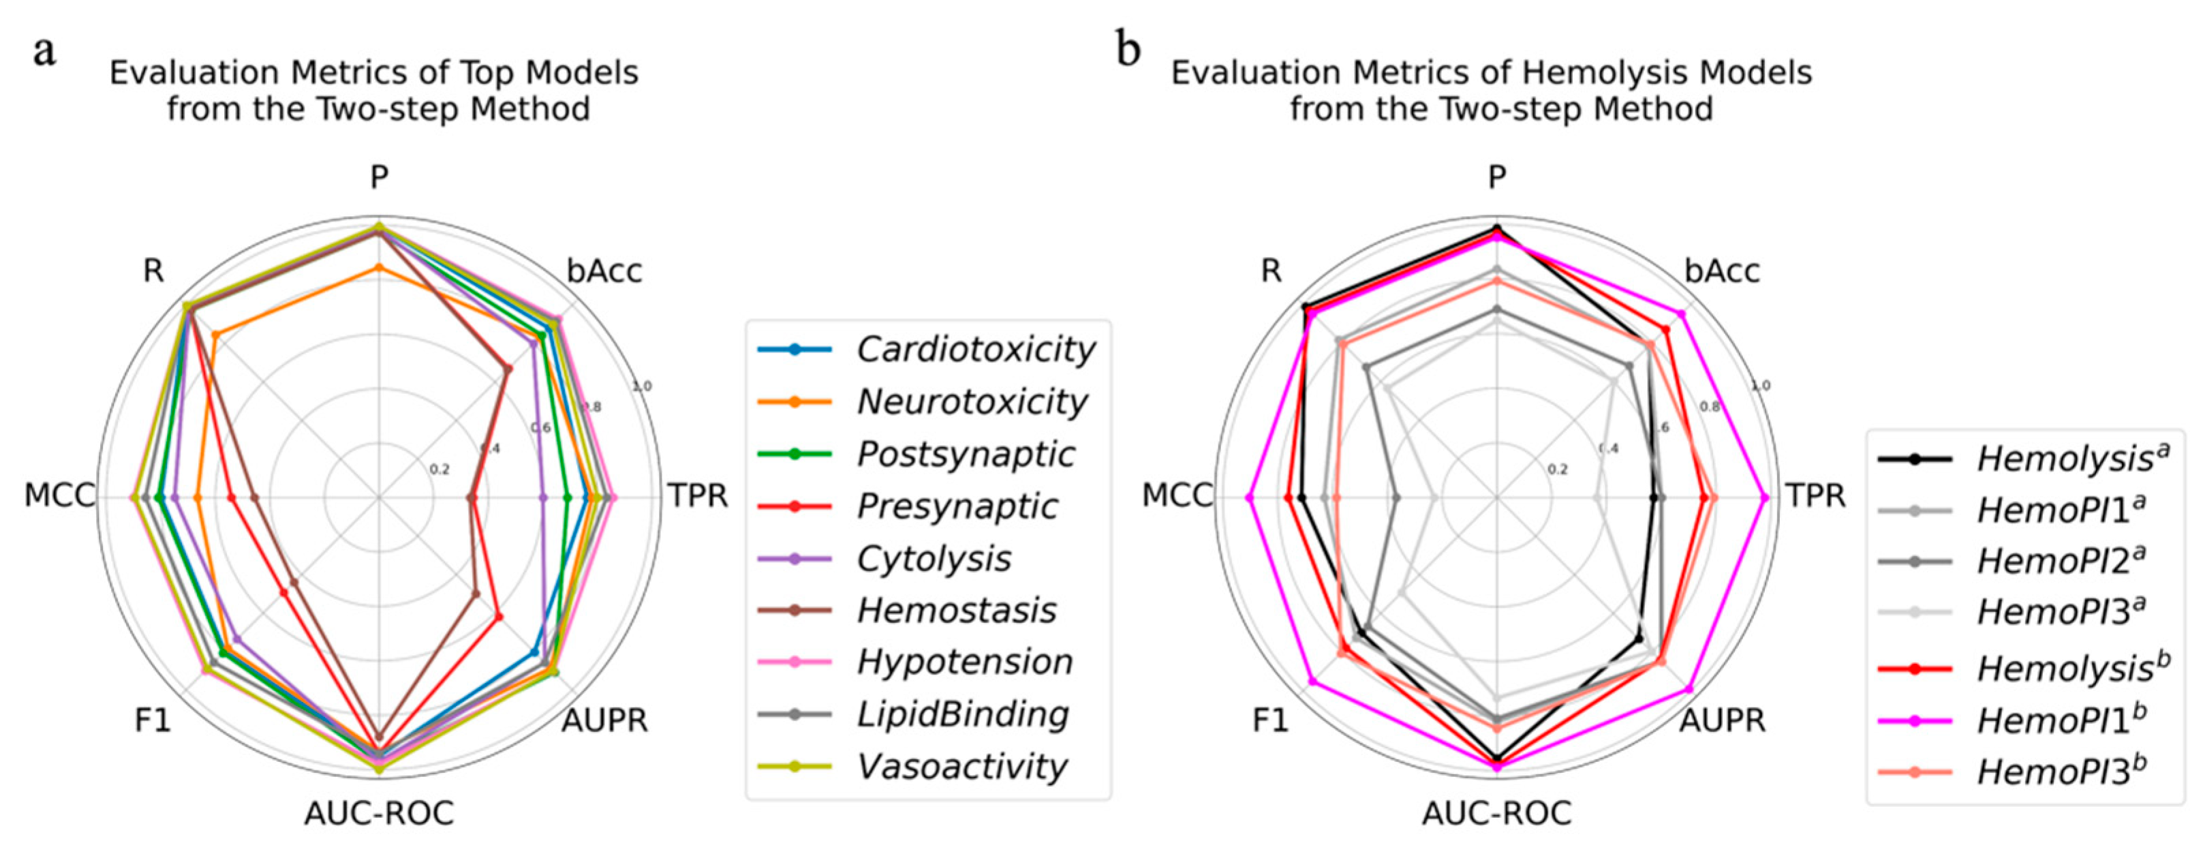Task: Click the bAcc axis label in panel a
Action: pos(604,271)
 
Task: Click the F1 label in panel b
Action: pos(1270,720)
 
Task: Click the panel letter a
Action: pos(44,50)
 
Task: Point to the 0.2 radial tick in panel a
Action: pos(439,469)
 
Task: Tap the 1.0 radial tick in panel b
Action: pos(1760,386)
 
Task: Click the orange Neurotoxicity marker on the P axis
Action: pos(379,268)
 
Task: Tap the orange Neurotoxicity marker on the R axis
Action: pos(215,335)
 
